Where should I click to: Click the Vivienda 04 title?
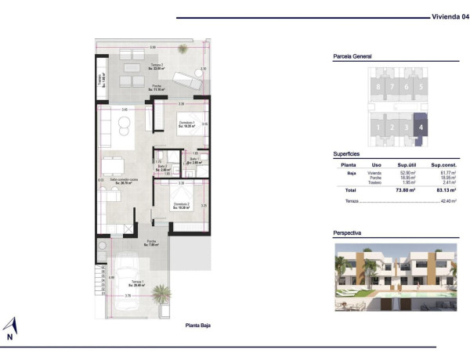click(448, 16)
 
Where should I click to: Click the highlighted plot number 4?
click(421, 125)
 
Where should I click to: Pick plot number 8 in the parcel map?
click(379, 87)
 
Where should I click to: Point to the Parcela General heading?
click(352, 57)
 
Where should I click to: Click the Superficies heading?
click(348, 154)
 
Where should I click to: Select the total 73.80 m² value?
click(404, 189)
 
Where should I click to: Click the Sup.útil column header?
click(406, 165)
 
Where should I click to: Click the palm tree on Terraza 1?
click(161, 296)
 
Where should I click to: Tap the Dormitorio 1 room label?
click(186, 124)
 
